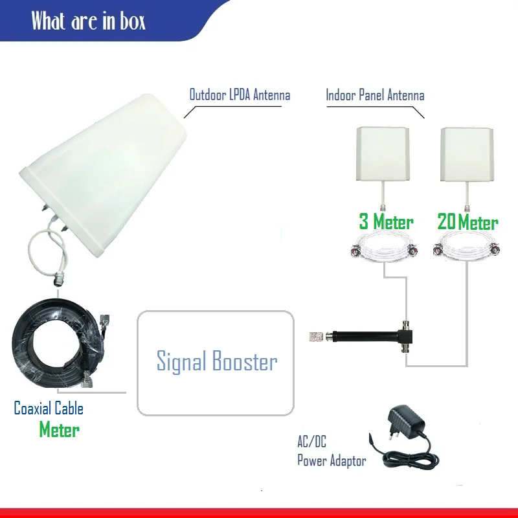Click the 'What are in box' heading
click(x=89, y=21)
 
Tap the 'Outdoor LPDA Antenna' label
click(x=240, y=95)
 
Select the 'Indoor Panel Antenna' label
click(x=375, y=96)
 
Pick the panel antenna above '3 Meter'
click(x=384, y=153)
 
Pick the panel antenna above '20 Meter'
click(x=467, y=153)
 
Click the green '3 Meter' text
click(x=386, y=222)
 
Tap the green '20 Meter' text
click(x=467, y=222)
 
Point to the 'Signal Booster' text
click(x=217, y=361)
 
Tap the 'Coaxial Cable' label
click(x=49, y=409)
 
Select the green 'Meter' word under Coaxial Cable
click(x=59, y=429)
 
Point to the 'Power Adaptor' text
click(x=332, y=461)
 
